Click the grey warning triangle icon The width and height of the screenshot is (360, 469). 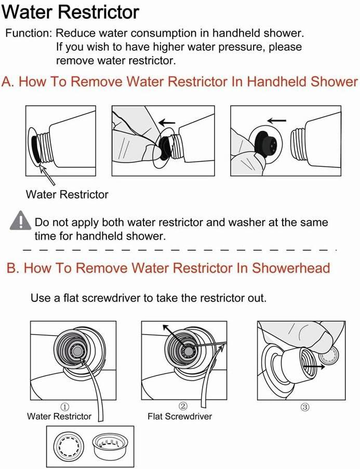20,221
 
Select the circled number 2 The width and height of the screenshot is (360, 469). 183,406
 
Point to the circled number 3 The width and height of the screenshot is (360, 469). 304,407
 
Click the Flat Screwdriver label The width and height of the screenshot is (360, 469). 180,417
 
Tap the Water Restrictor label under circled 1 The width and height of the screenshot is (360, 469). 59,417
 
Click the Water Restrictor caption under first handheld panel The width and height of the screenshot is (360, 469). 66,194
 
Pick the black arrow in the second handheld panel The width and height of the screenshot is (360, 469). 167,122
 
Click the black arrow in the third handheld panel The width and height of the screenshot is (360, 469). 277,120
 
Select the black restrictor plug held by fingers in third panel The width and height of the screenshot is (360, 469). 266,144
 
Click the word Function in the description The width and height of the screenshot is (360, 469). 29,33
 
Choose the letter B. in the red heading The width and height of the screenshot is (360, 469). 12,268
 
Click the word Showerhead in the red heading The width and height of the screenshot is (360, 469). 291,268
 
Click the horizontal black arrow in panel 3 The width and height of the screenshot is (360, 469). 314,367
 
